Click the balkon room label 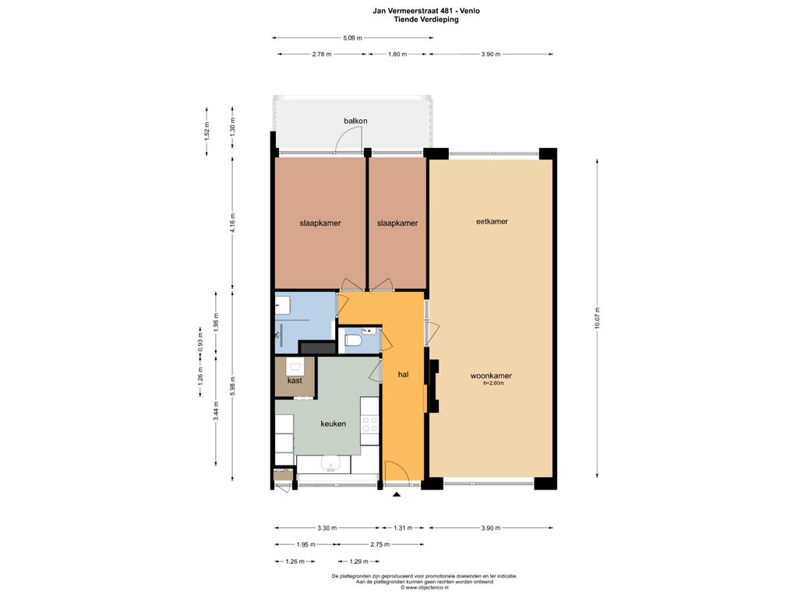pos(355,121)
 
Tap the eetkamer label pos(493,221)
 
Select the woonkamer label pos(491,376)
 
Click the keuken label pos(334,424)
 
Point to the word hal pos(403,375)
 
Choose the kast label pos(295,380)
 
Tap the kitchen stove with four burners pos(370,424)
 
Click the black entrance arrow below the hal pos(397,494)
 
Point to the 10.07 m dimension pos(598,318)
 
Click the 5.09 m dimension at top pos(353,37)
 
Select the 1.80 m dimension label pos(397,54)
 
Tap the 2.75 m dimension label pos(380,544)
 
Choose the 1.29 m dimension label pos(358,562)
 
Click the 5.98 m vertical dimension pos(232,386)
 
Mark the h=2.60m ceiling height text pos(493,383)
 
